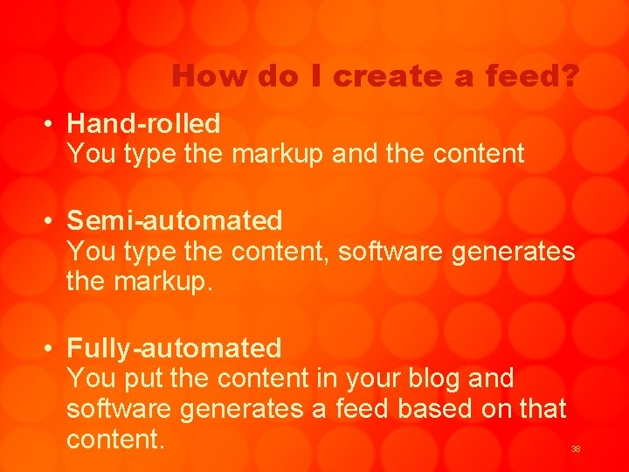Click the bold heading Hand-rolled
[x=143, y=123]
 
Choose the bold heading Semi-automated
[x=175, y=220]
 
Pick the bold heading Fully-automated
[x=174, y=348]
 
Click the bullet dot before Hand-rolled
[x=53, y=124]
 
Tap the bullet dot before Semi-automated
[x=53, y=221]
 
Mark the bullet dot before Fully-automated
[x=53, y=349]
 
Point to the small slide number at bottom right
[x=576, y=449]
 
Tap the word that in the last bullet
[x=542, y=408]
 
